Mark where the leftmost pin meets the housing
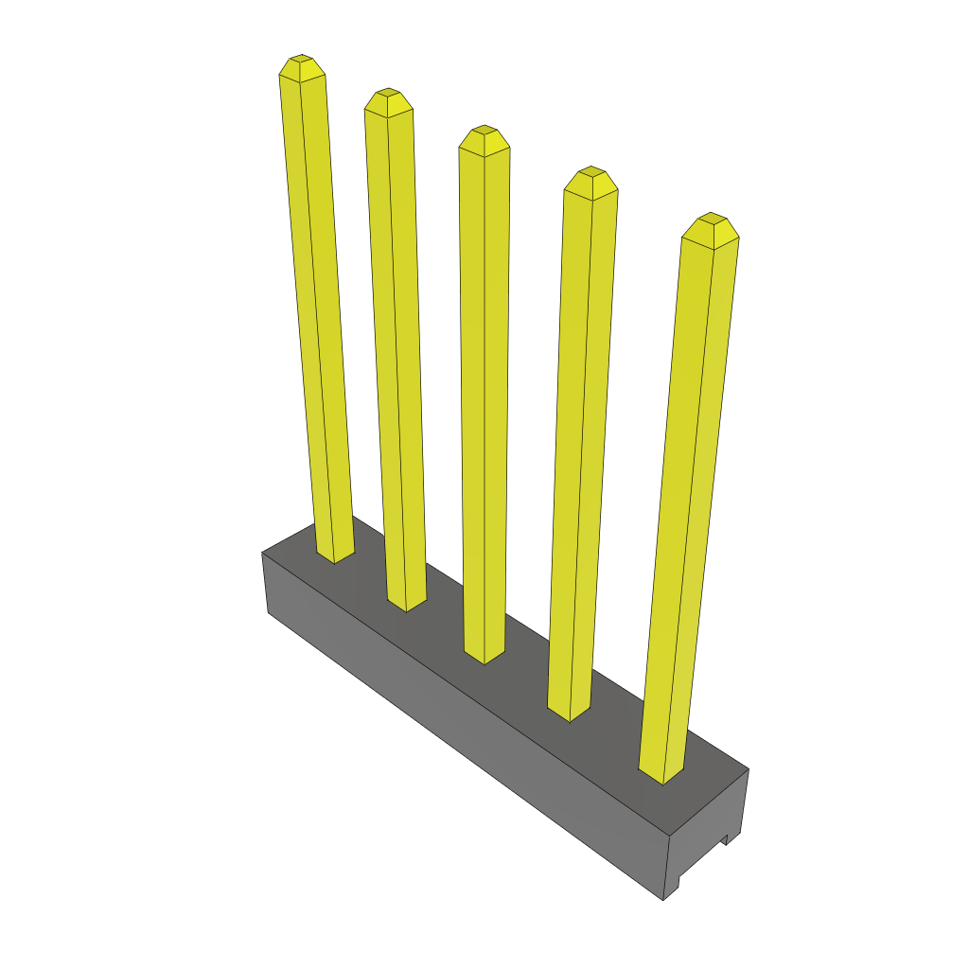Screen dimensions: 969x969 click(x=334, y=555)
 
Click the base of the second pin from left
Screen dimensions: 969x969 click(x=406, y=603)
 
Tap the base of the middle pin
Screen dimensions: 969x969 click(x=484, y=655)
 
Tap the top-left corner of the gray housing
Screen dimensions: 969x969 click(x=262, y=553)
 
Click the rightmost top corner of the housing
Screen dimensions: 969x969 click(x=749, y=768)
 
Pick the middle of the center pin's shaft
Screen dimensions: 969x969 click(x=484, y=397)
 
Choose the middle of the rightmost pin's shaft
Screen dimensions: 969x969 click(x=688, y=502)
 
